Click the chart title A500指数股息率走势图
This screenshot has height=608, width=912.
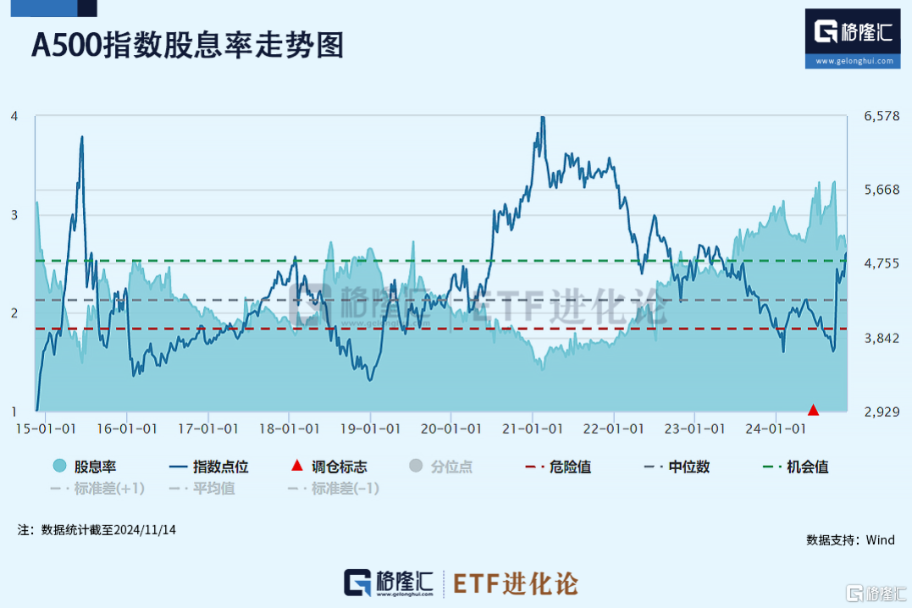[x=188, y=45]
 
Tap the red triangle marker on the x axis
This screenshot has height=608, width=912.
[x=814, y=410]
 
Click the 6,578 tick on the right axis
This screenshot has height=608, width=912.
[x=882, y=116]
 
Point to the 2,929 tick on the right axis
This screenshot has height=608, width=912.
[x=882, y=412]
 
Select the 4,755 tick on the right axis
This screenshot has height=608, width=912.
[x=882, y=264]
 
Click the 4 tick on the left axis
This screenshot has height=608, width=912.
[x=14, y=116]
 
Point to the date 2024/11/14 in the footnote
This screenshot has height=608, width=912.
[x=146, y=530]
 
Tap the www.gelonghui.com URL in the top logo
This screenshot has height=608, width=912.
[x=854, y=61]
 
